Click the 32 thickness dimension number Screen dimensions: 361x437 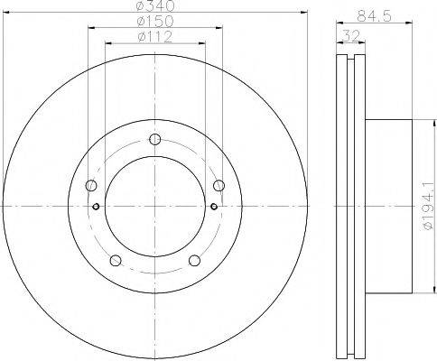point(348,36)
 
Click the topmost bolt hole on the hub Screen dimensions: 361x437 point(155,139)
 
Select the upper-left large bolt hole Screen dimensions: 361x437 point(91,186)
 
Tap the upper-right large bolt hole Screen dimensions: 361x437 point(218,186)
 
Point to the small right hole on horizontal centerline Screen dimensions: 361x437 point(213,206)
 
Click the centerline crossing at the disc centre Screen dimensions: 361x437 point(155,206)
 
